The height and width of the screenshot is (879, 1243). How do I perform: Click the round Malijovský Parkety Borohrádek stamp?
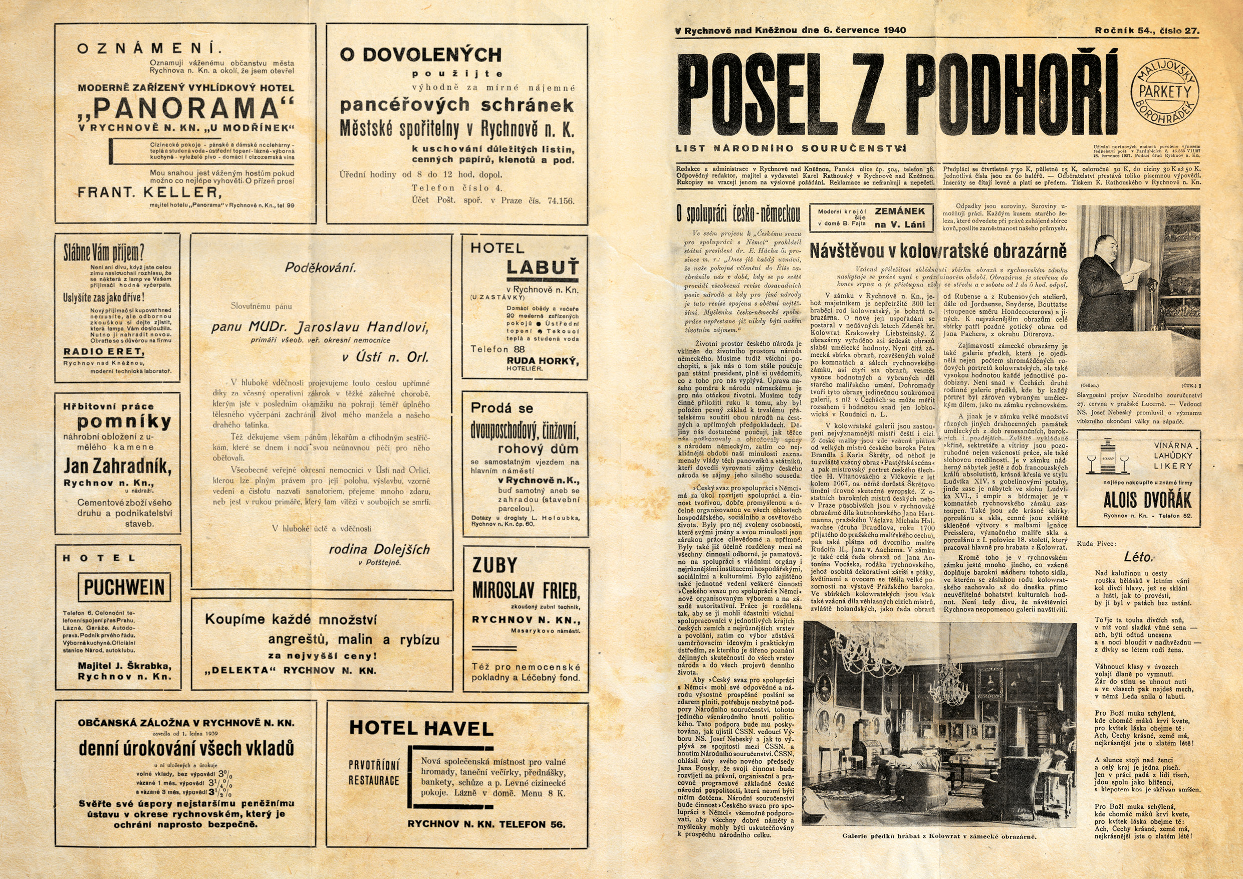[x=1165, y=92]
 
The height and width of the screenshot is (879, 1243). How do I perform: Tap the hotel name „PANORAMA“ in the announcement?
[x=186, y=108]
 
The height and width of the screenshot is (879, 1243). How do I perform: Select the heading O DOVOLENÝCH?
[x=421, y=54]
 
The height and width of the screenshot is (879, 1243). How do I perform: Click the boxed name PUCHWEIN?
[x=124, y=587]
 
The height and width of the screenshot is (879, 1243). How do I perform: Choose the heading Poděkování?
[x=321, y=267]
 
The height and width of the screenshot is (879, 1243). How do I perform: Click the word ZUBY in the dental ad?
[x=494, y=565]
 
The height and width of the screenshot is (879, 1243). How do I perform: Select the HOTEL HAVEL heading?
[x=421, y=728]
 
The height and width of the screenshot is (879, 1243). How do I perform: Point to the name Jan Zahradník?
[x=117, y=466]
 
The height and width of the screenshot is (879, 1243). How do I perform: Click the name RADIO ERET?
[x=104, y=351]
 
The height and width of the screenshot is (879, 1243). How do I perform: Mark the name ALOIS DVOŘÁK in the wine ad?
[x=1147, y=499]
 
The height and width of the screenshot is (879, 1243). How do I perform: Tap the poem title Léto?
[x=1138, y=556]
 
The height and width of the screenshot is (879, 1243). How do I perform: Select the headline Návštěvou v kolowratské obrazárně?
[x=938, y=251]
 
